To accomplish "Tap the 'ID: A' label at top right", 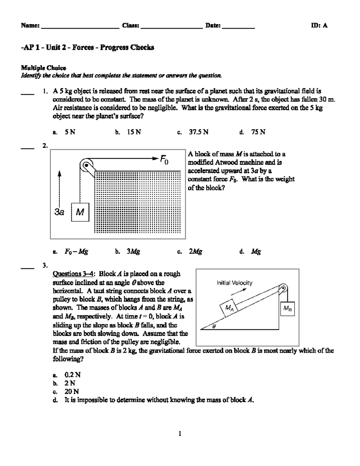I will pyautogui.click(x=319, y=26).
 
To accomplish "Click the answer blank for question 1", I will pyautogui.click(x=27, y=94).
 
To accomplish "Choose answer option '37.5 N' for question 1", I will pyautogui.click(x=199, y=132).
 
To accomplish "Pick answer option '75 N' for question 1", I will pyautogui.click(x=258, y=132).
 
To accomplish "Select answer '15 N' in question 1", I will pyautogui.click(x=134, y=132).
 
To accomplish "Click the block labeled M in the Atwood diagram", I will pyautogui.click(x=80, y=212).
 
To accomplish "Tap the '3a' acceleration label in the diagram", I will pyautogui.click(x=59, y=212).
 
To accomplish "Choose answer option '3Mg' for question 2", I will pyautogui.click(x=133, y=251).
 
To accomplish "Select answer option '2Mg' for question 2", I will pyautogui.click(x=196, y=251).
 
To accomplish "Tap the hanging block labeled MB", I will pyautogui.click(x=287, y=308).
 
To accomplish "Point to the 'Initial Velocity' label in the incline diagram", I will pyautogui.click(x=234, y=283).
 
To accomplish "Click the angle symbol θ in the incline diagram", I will pyautogui.click(x=214, y=327).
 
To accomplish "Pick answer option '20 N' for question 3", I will pyautogui.click(x=72, y=392).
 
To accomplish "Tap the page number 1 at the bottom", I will pyautogui.click(x=180, y=434).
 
